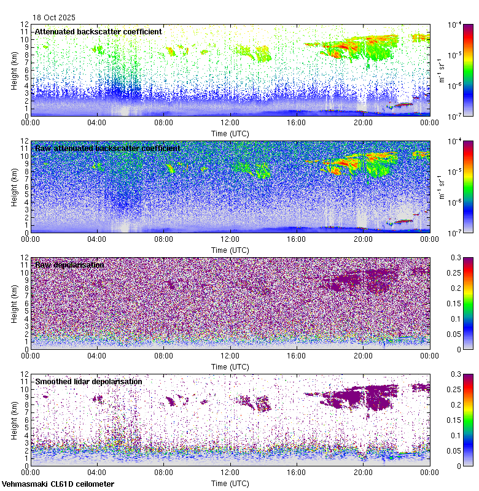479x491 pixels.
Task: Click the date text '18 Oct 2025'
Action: click(55, 18)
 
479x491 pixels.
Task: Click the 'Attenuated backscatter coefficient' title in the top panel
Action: click(98, 31)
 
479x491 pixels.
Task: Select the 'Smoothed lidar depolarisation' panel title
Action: click(88, 381)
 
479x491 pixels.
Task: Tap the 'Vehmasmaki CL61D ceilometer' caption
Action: click(58, 484)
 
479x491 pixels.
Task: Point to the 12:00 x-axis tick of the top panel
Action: click(230, 122)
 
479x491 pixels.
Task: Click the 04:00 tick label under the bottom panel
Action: click(97, 472)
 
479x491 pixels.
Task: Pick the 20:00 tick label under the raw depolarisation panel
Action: click(363, 355)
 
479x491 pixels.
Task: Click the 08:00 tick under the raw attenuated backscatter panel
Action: click(163, 239)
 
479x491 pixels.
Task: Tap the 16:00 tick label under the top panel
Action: click(297, 122)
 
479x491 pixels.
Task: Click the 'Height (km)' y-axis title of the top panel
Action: click(14, 70)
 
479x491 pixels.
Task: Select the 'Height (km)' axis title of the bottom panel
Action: click(14, 420)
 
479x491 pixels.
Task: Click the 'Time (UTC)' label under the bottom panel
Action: click(230, 483)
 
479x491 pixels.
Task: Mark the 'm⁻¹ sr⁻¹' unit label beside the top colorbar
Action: click(441, 70)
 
